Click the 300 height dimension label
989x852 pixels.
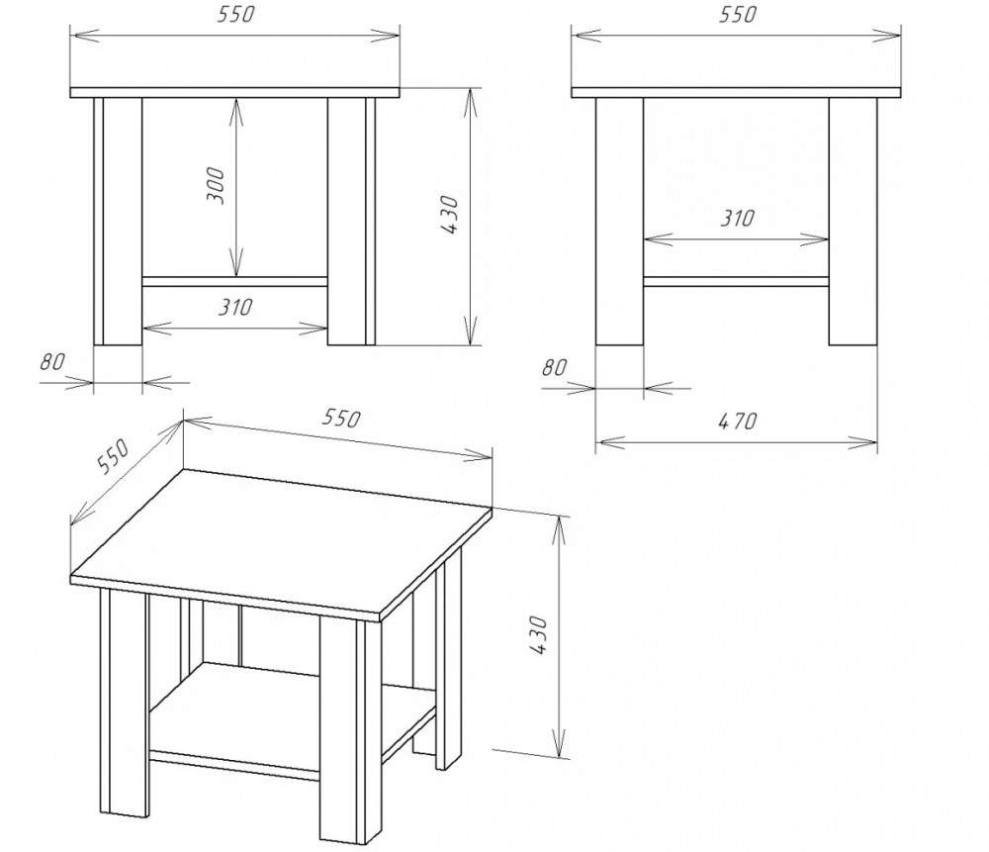216,186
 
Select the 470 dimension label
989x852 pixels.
738,421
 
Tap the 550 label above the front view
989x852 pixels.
235,15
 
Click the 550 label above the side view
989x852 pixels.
738,15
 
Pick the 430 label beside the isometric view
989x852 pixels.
538,634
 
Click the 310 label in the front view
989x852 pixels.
235,308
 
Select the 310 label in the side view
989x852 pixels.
738,219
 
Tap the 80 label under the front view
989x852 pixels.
52,361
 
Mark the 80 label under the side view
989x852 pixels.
555,367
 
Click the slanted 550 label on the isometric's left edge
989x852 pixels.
113,455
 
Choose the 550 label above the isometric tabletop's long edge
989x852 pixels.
341,418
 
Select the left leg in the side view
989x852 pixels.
619,222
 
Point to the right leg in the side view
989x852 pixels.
853,222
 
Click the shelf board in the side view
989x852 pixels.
736,282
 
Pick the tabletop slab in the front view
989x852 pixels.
234,93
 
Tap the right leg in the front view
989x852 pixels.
351,222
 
